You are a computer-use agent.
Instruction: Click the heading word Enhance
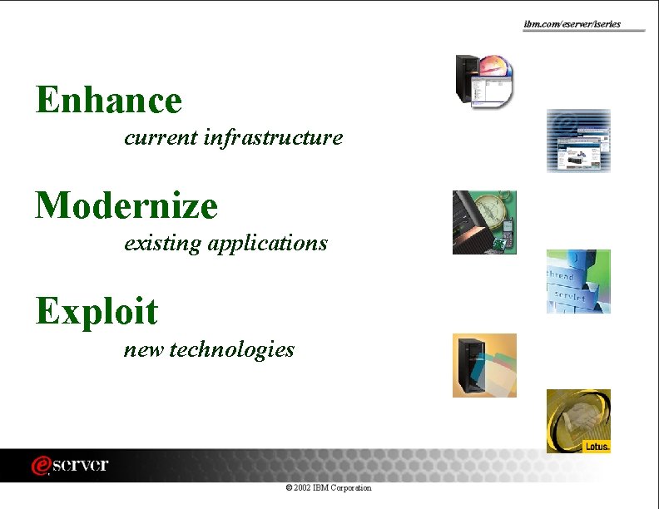click(x=108, y=101)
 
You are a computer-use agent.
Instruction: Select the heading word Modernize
click(x=126, y=205)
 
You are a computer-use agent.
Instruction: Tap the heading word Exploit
click(x=97, y=312)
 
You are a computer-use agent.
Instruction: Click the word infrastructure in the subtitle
click(x=273, y=137)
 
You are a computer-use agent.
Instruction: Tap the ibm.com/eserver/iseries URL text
click(x=572, y=24)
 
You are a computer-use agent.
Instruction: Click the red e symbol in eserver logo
click(x=39, y=466)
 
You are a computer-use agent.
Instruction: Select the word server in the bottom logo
click(x=80, y=465)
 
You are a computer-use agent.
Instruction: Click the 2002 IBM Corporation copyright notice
click(x=328, y=487)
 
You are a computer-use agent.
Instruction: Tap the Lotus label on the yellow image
click(x=597, y=446)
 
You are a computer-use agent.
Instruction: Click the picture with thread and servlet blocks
click(x=578, y=281)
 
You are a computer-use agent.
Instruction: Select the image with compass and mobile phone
click(x=484, y=222)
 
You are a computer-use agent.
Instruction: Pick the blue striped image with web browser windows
click(x=578, y=141)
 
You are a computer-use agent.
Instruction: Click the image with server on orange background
click(x=484, y=365)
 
